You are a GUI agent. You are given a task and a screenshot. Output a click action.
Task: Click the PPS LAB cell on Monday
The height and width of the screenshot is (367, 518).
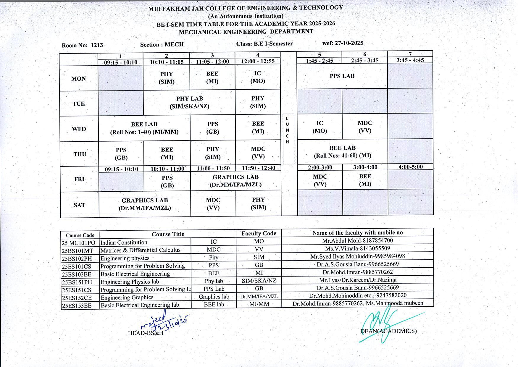(x=342, y=76)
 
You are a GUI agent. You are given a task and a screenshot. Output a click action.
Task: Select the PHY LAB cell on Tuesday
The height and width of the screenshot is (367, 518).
(x=189, y=102)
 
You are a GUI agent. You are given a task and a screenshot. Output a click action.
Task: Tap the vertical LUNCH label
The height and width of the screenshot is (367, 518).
(x=287, y=130)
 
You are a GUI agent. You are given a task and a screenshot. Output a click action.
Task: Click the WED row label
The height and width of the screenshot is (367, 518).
(x=79, y=129)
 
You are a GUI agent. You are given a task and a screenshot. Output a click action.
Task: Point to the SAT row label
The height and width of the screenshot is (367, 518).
(x=79, y=205)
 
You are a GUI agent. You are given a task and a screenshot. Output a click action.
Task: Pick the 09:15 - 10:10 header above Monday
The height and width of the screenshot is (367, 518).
(x=120, y=62)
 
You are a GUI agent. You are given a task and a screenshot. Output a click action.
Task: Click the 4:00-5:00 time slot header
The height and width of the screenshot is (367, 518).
(x=411, y=167)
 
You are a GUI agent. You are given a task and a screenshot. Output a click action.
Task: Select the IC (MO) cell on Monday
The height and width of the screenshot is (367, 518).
(x=258, y=77)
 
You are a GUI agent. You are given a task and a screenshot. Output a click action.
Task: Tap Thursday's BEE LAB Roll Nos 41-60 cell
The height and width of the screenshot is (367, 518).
(x=342, y=151)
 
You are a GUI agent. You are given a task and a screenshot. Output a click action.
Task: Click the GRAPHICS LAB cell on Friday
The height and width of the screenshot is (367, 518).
(x=235, y=181)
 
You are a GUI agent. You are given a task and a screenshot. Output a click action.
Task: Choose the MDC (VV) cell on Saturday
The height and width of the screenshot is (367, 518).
(x=213, y=204)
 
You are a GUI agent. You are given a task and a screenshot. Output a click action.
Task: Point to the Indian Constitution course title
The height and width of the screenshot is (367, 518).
(x=124, y=242)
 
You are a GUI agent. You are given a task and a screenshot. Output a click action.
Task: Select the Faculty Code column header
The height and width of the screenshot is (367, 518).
(x=259, y=233)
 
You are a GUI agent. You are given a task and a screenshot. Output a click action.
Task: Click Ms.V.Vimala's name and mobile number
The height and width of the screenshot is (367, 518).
(x=357, y=248)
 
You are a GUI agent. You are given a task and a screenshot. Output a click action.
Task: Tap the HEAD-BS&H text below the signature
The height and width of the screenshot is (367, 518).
(x=146, y=333)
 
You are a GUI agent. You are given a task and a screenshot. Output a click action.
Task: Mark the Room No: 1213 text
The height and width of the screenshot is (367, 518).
(x=82, y=45)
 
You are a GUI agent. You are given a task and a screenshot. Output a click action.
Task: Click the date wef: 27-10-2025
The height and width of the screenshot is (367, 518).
(x=343, y=43)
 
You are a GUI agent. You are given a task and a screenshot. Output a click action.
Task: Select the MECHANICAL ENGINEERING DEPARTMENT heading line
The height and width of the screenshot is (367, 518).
(x=246, y=32)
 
